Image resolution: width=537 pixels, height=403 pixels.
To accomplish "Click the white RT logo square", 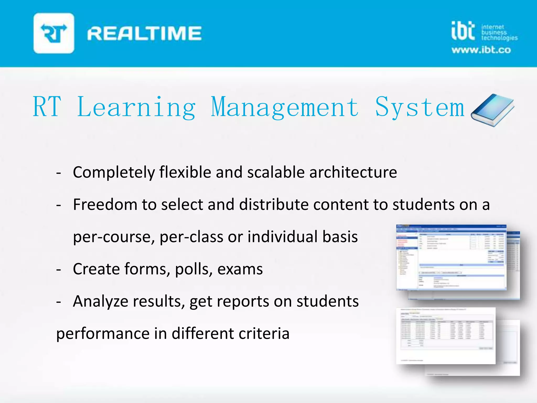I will pos(54,33).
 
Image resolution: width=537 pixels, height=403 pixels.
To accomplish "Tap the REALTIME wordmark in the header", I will pos(144,33).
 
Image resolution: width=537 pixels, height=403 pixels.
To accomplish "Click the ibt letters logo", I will pos(463,31).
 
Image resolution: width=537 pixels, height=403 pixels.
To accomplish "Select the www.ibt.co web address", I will pos(481,50).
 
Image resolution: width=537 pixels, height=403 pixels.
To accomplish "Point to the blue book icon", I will pos(492,110).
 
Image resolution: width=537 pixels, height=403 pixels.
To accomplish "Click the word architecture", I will pos(353,172).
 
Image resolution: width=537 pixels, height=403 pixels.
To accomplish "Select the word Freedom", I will pos(105,205).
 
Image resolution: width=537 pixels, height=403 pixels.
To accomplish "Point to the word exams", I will pos(240,269).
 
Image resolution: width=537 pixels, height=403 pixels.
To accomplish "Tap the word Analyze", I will pos(100,301).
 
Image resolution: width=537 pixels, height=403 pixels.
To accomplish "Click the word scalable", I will pos(276,172).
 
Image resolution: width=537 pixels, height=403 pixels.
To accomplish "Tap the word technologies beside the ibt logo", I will pos(500,38).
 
